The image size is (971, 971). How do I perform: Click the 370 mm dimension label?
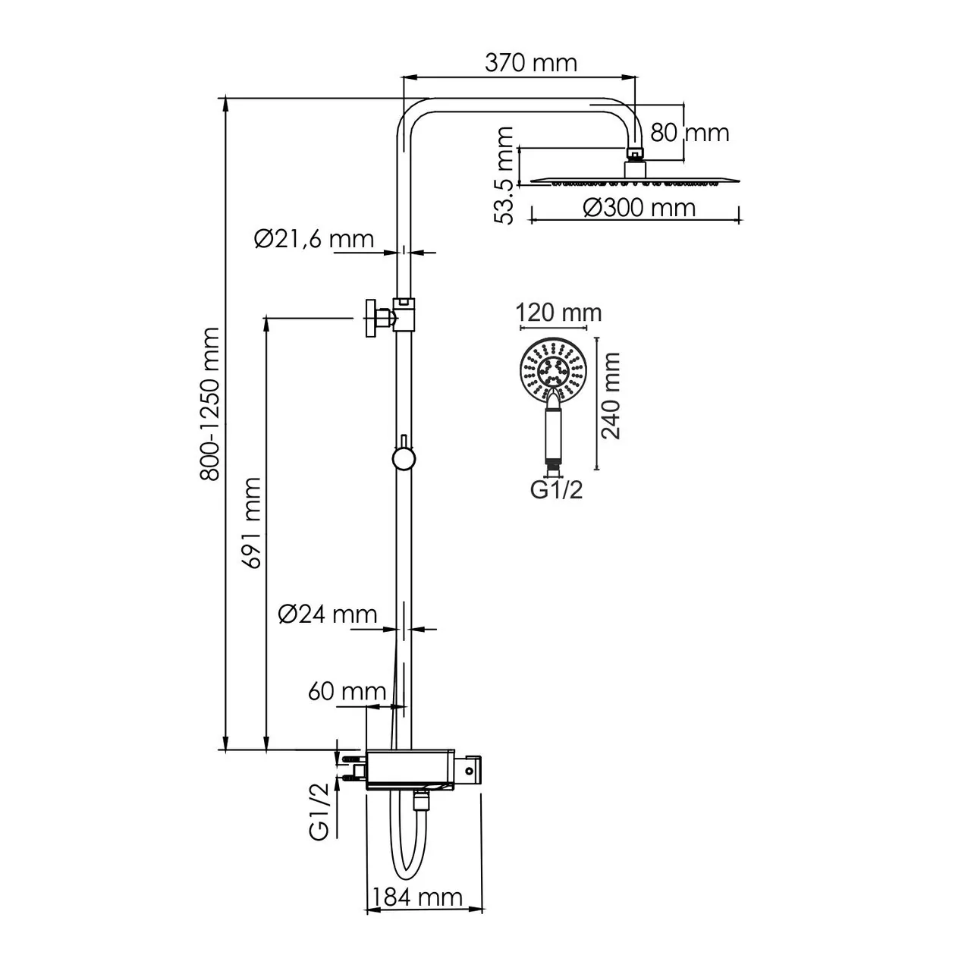click(x=530, y=62)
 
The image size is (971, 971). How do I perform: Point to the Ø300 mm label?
click(x=639, y=207)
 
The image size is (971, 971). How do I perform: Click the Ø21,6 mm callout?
click(x=314, y=240)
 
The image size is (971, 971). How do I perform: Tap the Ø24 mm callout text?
click(x=327, y=614)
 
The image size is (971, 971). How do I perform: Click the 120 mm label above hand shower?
click(x=558, y=313)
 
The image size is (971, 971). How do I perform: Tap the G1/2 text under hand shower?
click(x=556, y=491)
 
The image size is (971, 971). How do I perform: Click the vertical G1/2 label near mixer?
click(x=320, y=810)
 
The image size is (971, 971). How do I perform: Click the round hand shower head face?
click(x=555, y=372)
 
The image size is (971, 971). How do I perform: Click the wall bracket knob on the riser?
click(x=372, y=318)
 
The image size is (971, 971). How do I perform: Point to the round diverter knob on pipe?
click(x=402, y=459)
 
